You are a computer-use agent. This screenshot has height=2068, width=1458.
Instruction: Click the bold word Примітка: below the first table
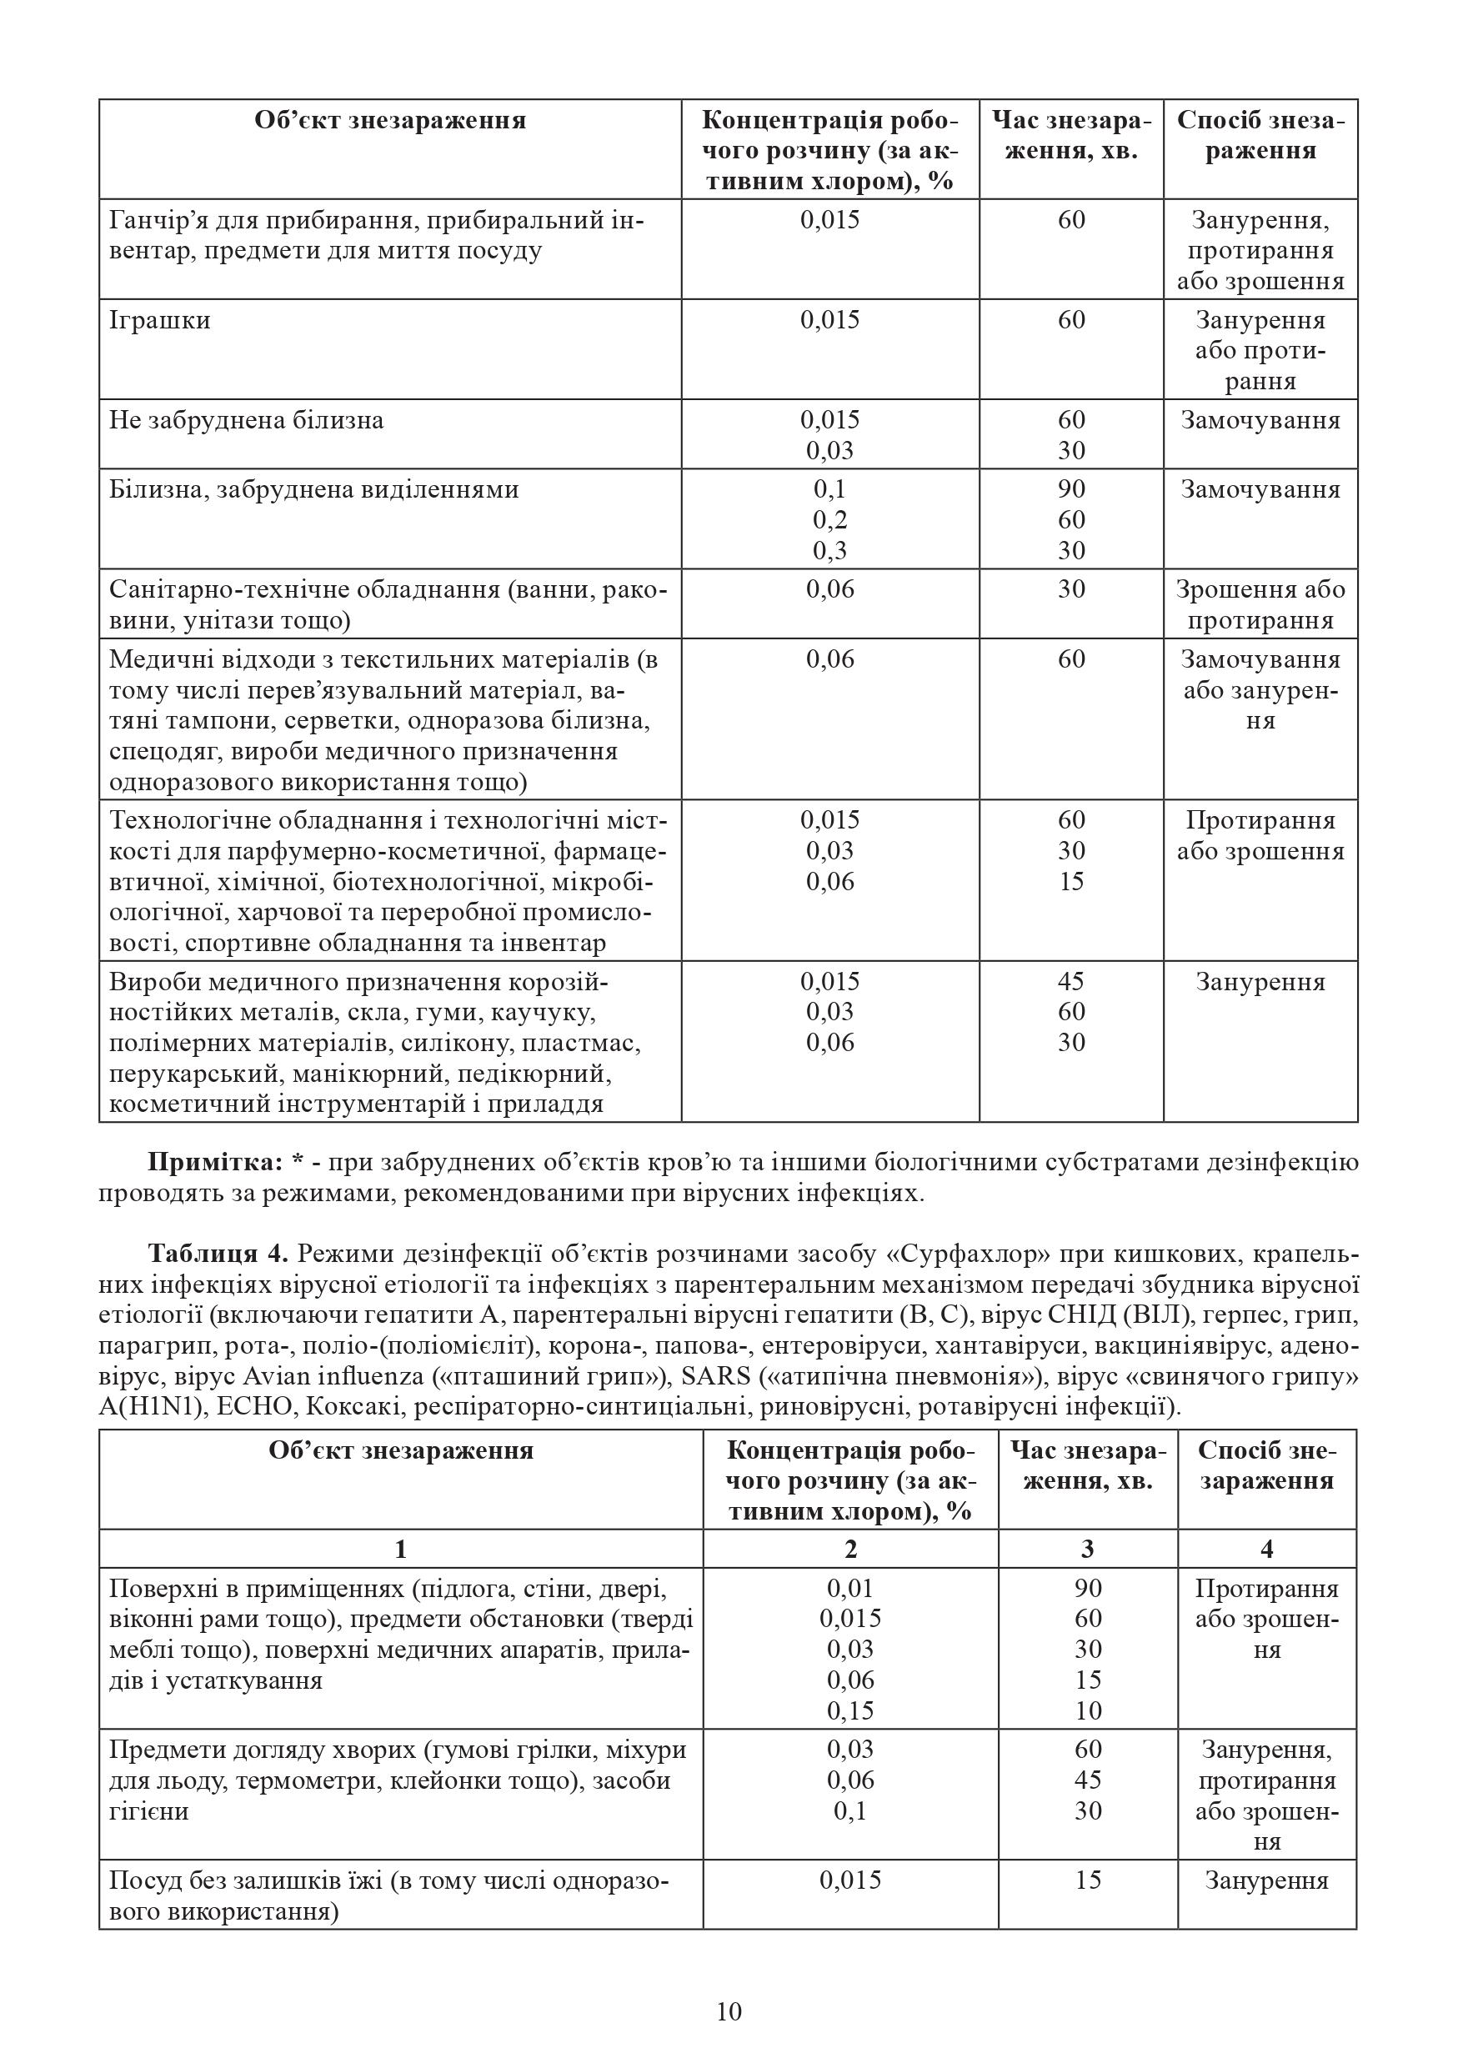click(x=215, y=1163)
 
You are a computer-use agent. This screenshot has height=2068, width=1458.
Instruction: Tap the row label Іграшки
click(x=159, y=321)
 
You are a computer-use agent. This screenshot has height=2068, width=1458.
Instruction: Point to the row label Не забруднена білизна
click(x=246, y=421)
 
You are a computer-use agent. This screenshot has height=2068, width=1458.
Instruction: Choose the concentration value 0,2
click(x=829, y=519)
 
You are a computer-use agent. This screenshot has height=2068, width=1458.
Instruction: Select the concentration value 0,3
click(x=829, y=550)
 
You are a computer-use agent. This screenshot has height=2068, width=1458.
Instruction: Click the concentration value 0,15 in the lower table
click(x=850, y=1710)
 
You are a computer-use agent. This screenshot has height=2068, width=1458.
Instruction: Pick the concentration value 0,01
click(x=850, y=1588)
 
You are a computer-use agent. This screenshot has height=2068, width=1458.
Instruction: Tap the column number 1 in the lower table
click(x=401, y=1550)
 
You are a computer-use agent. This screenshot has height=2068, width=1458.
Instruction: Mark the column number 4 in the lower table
click(x=1267, y=1550)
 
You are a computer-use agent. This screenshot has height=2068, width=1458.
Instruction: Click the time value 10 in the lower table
click(x=1088, y=1710)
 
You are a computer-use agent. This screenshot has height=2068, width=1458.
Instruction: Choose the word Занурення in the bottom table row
click(x=1267, y=1880)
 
